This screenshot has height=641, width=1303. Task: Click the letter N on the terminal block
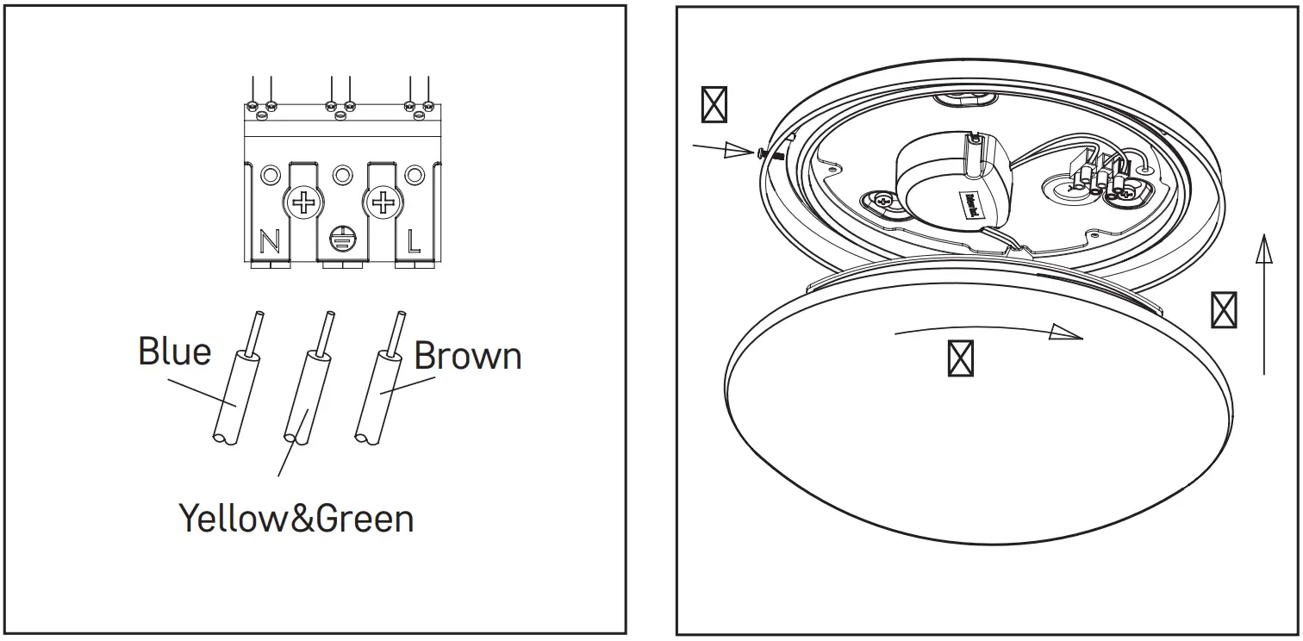(270, 242)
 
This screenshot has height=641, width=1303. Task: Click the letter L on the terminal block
(415, 241)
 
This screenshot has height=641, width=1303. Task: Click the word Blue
(174, 352)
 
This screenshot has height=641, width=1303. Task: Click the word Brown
(468, 356)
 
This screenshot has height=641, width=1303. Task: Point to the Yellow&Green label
(296, 519)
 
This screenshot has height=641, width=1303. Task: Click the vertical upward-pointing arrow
(1263, 302)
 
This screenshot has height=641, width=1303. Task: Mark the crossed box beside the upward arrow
(1224, 310)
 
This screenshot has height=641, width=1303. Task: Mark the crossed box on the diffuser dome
(960, 358)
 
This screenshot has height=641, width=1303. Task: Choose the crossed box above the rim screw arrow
(714, 104)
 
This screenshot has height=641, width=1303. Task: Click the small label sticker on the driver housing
(973, 203)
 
